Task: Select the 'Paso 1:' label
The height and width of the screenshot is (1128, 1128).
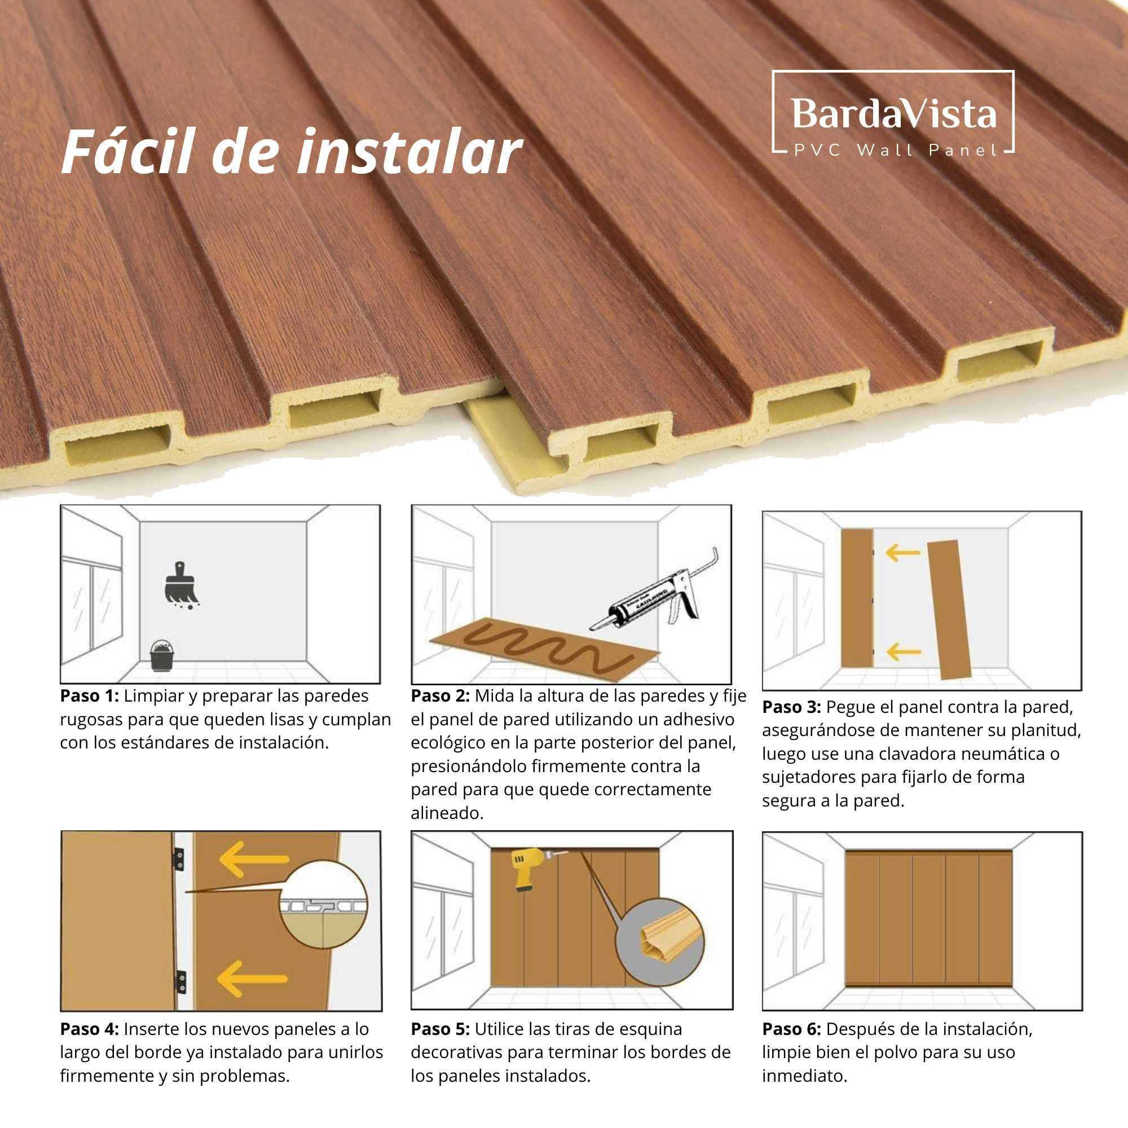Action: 89,696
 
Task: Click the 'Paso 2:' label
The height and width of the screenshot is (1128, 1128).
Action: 440,696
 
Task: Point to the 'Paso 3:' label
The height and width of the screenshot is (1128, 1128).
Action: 792,707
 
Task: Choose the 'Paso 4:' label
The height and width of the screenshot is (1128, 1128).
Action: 89,1029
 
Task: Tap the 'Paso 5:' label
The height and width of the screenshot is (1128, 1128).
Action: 440,1029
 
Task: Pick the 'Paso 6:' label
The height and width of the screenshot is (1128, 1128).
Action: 792,1029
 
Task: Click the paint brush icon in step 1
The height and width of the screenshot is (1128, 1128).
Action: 181,585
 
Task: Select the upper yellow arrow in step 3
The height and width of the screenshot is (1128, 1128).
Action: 902,552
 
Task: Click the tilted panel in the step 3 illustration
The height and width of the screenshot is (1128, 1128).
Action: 949,610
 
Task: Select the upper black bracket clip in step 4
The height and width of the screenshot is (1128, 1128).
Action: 179,859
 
